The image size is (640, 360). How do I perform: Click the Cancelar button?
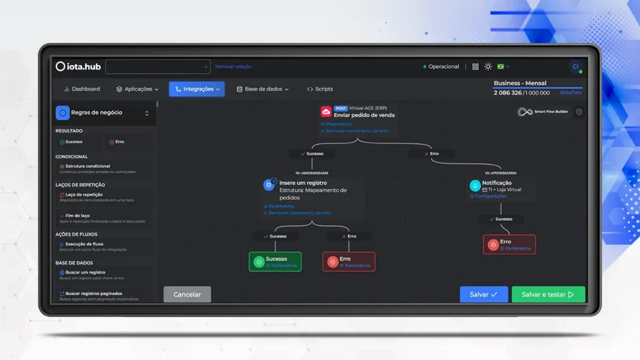(187, 294)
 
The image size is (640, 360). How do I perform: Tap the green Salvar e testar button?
(548, 294)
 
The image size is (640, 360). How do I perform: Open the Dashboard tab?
(82, 89)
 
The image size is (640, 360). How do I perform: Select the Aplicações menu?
(137, 89)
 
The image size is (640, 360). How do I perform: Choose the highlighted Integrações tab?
(197, 89)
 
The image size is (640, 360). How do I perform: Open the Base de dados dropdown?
(262, 89)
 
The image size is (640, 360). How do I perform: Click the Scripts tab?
(320, 89)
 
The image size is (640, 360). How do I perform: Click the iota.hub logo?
(78, 67)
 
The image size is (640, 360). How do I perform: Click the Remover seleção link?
(233, 67)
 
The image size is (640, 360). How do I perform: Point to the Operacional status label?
(443, 67)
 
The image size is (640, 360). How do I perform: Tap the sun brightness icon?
(488, 67)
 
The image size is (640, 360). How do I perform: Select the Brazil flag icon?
(501, 67)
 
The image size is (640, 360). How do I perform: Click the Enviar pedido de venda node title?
(364, 115)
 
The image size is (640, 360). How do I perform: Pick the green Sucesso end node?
(275, 262)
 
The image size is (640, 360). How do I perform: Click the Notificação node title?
(497, 183)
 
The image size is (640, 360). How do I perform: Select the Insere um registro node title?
(302, 183)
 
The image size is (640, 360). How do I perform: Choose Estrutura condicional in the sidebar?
(87, 166)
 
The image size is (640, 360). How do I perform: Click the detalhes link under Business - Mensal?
(570, 92)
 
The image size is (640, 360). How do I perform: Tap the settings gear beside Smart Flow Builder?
(579, 112)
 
